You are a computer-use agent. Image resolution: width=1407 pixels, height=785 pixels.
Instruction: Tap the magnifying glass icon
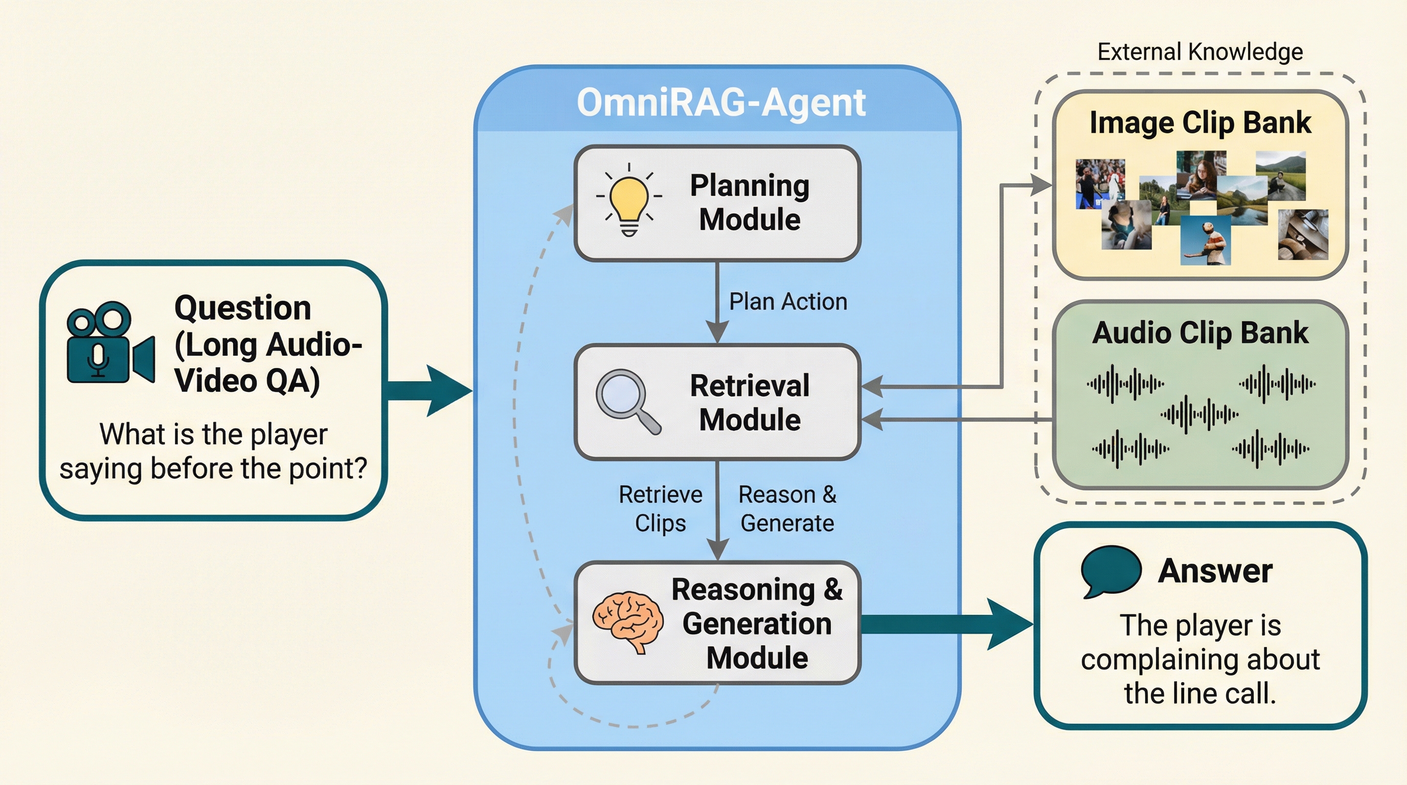pyautogui.click(x=627, y=401)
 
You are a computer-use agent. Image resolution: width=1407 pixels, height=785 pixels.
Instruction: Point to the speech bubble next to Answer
pyautogui.click(x=1110, y=570)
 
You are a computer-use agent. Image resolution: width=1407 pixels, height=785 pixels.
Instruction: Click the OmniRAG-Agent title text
pyautogui.click(x=721, y=103)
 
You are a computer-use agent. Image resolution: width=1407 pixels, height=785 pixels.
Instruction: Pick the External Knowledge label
pyautogui.click(x=1200, y=52)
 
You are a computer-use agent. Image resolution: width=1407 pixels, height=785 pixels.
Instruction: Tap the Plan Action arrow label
pyautogui.click(x=788, y=302)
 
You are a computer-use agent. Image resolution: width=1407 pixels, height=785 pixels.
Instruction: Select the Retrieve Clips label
pyautogui.click(x=661, y=509)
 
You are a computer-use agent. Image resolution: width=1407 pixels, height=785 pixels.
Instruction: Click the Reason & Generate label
pyautogui.click(x=787, y=509)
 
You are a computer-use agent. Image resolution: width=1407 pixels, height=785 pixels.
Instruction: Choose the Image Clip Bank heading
pyautogui.click(x=1200, y=122)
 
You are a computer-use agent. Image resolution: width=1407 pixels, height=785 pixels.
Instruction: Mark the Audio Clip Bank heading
pyautogui.click(x=1200, y=333)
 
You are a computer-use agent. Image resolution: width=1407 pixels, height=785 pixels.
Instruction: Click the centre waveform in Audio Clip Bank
pyautogui.click(x=1199, y=414)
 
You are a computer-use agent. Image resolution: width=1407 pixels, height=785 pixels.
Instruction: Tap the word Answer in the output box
pyautogui.click(x=1215, y=571)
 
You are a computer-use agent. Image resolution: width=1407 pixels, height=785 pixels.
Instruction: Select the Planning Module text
pyautogui.click(x=750, y=202)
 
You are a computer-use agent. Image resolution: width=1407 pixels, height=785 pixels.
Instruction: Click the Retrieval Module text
pyautogui.click(x=750, y=402)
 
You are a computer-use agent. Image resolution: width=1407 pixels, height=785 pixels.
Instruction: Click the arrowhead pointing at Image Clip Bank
pyautogui.click(x=1041, y=185)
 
